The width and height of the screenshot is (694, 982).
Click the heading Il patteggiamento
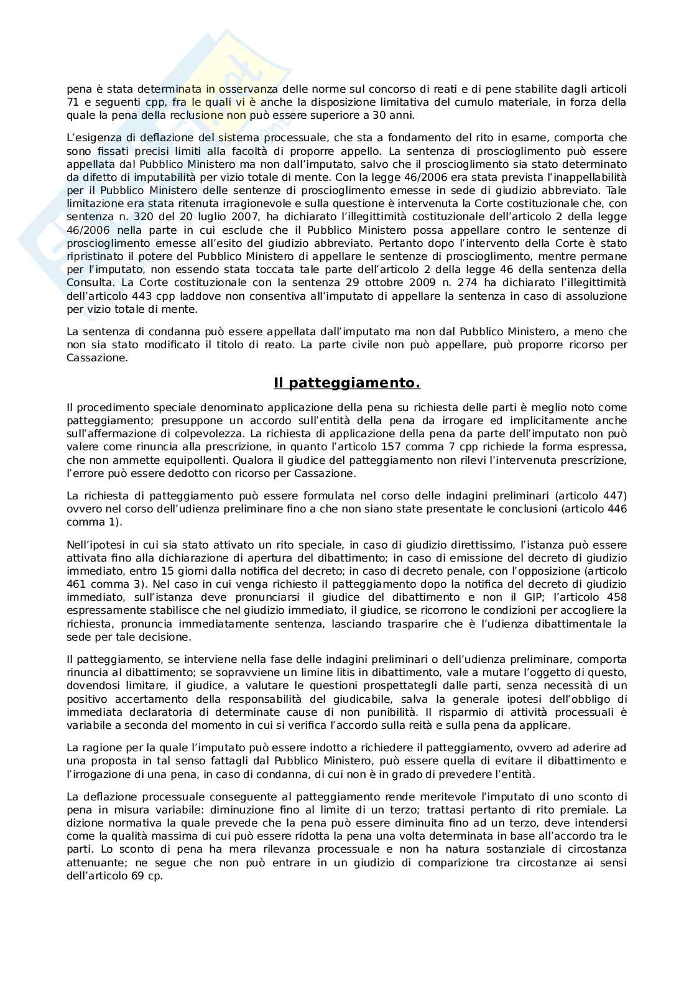(x=347, y=384)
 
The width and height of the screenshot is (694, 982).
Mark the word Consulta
(x=87, y=283)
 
